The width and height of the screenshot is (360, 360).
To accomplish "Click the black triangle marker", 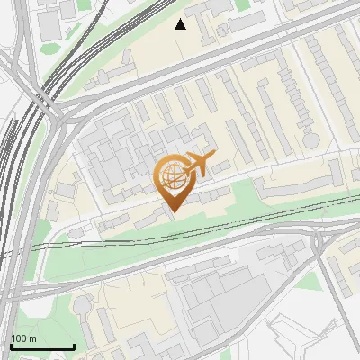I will pos(181,24).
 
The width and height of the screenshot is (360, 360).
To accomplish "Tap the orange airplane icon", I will pos(198,165).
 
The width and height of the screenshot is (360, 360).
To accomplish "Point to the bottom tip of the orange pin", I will pos(172,212).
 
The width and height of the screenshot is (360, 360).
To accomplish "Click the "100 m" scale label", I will pos(23,337).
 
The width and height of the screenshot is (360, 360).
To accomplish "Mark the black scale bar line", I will pos(41,346).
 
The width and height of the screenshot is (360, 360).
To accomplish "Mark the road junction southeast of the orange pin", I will pos(318,236).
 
